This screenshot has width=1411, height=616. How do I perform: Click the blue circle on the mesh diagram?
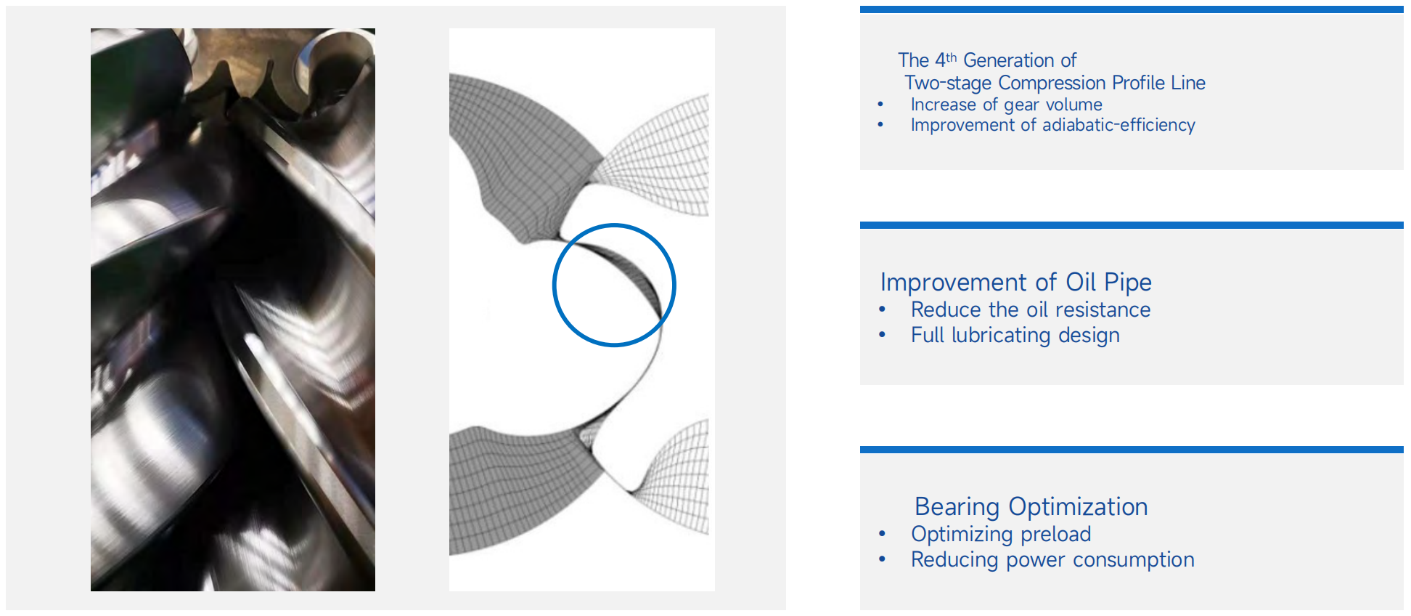point(553,285)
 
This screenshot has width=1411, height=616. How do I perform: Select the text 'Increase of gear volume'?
point(1006,105)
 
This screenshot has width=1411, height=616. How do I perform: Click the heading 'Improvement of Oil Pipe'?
point(1015,282)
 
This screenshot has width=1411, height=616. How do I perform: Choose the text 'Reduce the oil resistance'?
point(1030,309)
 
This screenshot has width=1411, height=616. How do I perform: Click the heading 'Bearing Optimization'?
point(1031,506)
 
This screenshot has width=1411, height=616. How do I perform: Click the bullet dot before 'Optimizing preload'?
point(882,534)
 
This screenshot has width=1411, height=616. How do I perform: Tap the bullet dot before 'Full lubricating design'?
point(882,335)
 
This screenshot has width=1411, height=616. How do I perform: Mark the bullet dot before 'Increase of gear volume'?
point(880,105)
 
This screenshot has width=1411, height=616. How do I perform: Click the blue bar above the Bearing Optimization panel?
point(1132,450)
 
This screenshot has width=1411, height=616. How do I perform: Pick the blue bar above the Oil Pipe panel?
point(1132,225)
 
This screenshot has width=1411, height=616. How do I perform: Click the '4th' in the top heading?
point(946,60)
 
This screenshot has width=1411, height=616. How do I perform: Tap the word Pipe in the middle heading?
point(1128,283)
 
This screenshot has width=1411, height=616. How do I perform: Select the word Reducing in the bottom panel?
point(954,560)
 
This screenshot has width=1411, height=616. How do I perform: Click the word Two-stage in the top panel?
point(947,83)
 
